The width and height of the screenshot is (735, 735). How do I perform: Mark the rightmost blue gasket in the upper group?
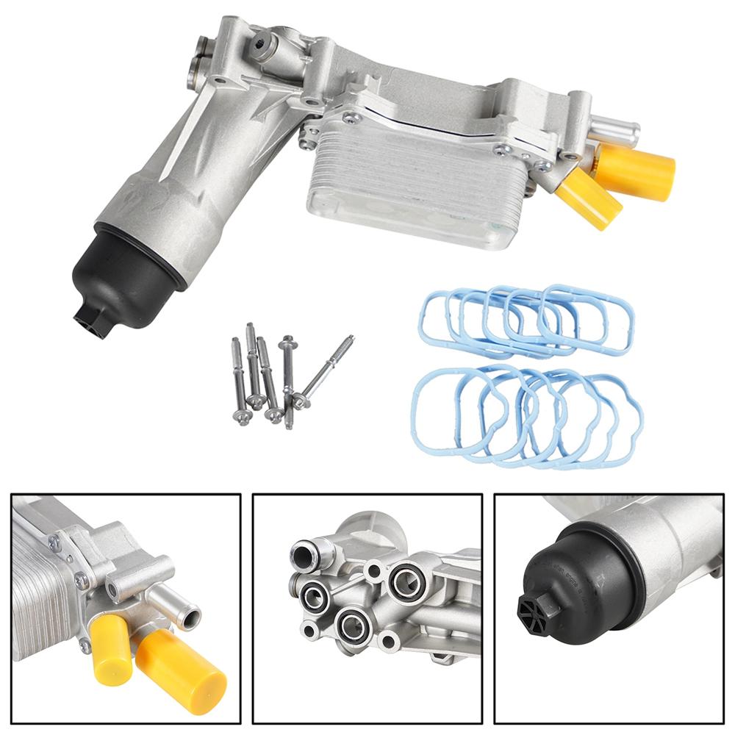pyautogui.click(x=588, y=320)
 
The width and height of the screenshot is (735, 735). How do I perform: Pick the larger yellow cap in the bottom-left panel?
pyautogui.click(x=180, y=669)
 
